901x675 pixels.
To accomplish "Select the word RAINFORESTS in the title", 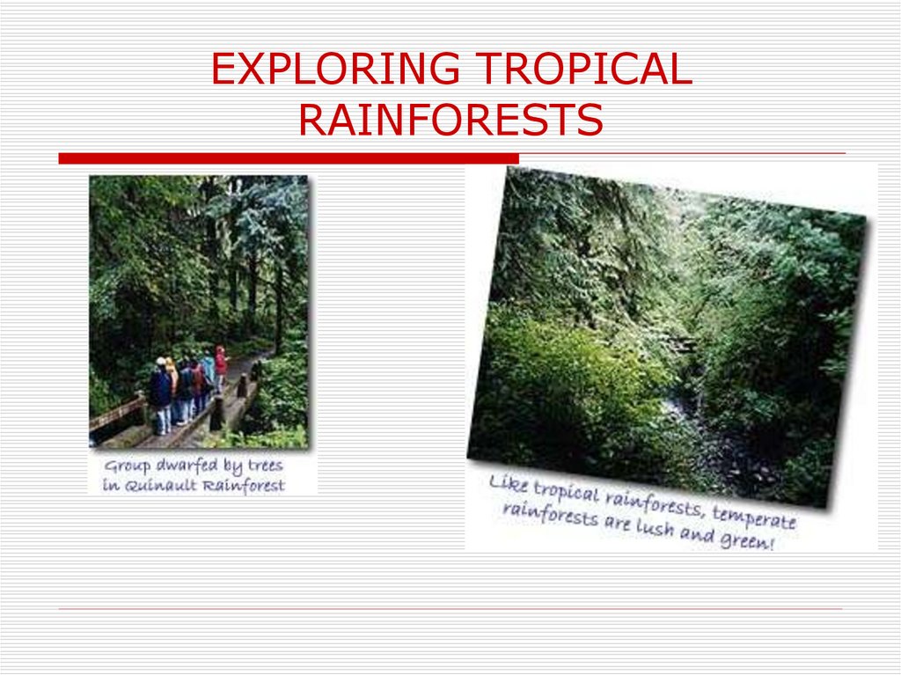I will point(450,121).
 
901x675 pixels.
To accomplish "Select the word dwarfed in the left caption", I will point(188,466).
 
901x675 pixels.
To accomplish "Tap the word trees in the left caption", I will point(264,466).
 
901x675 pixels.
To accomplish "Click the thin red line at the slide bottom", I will point(450,609).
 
